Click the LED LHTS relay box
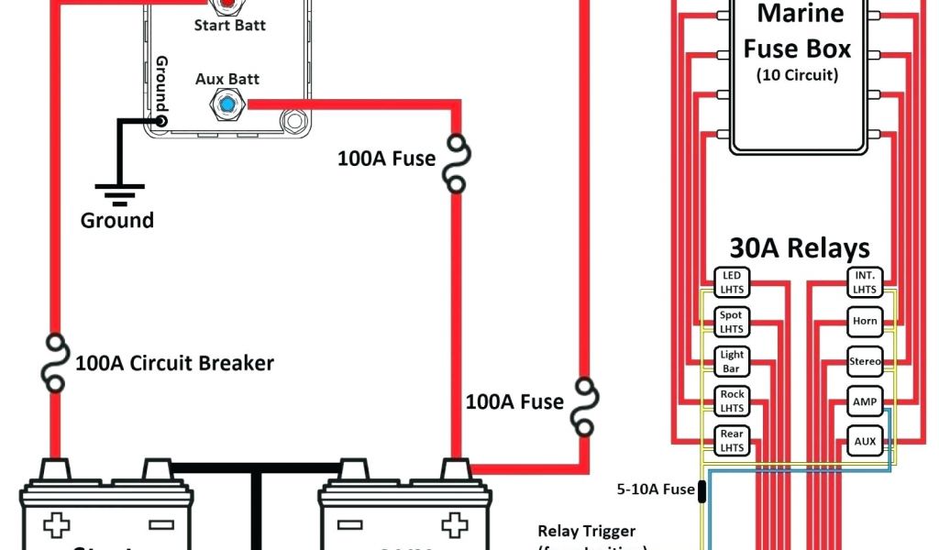tap(732, 282)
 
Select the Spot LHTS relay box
tap(732, 322)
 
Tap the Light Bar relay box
tap(732, 361)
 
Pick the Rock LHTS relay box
tap(732, 401)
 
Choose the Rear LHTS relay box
tap(732, 440)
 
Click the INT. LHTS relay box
tap(865, 282)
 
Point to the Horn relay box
tap(865, 322)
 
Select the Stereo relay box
tap(865, 361)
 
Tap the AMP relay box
tap(865, 401)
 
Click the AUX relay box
tap(865, 440)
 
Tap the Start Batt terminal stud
tap(226, 5)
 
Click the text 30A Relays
tap(799, 247)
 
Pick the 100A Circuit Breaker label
tap(174, 363)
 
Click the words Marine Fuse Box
tap(797, 31)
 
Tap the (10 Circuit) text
tap(797, 75)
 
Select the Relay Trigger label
tap(586, 531)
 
